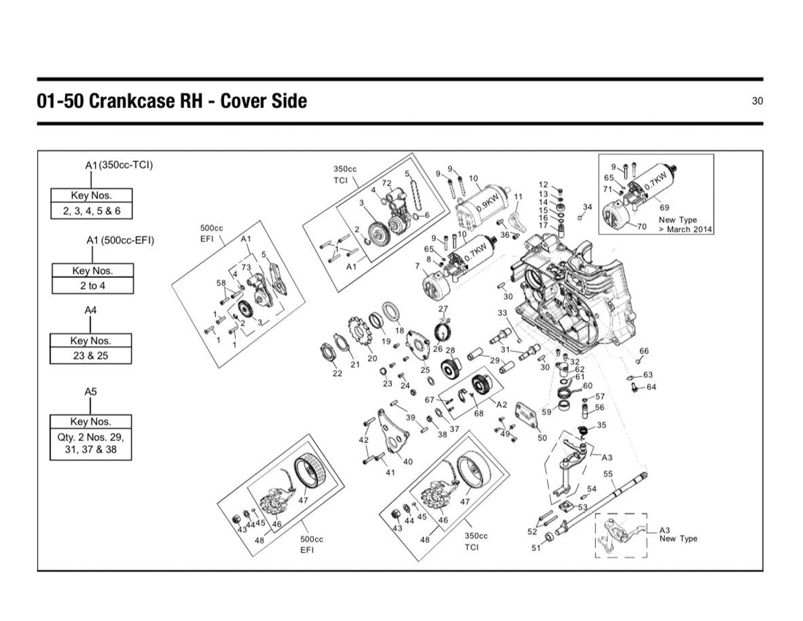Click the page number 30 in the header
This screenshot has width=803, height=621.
click(757, 101)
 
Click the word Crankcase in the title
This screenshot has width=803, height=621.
click(130, 101)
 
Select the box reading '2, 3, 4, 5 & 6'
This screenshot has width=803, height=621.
click(92, 211)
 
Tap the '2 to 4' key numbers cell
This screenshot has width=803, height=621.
click(93, 285)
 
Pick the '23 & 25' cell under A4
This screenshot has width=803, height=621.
click(91, 356)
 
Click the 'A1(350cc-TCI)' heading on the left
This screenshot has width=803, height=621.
click(119, 165)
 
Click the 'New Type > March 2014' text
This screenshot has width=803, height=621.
click(685, 224)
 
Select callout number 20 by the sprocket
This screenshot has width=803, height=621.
click(372, 358)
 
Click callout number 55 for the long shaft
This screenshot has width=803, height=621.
click(608, 474)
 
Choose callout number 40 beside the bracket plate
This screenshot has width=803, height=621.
click(407, 461)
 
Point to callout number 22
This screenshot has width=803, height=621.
click(337, 373)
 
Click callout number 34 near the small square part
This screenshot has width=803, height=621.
click(588, 207)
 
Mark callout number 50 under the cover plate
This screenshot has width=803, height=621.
click(542, 438)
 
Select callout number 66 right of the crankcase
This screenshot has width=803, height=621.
click(645, 351)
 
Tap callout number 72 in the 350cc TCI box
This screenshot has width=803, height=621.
click(387, 182)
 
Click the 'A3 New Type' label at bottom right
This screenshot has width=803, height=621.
click(678, 534)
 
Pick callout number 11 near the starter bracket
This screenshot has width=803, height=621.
click(518, 196)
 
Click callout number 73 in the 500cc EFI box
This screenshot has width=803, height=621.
click(246, 267)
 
